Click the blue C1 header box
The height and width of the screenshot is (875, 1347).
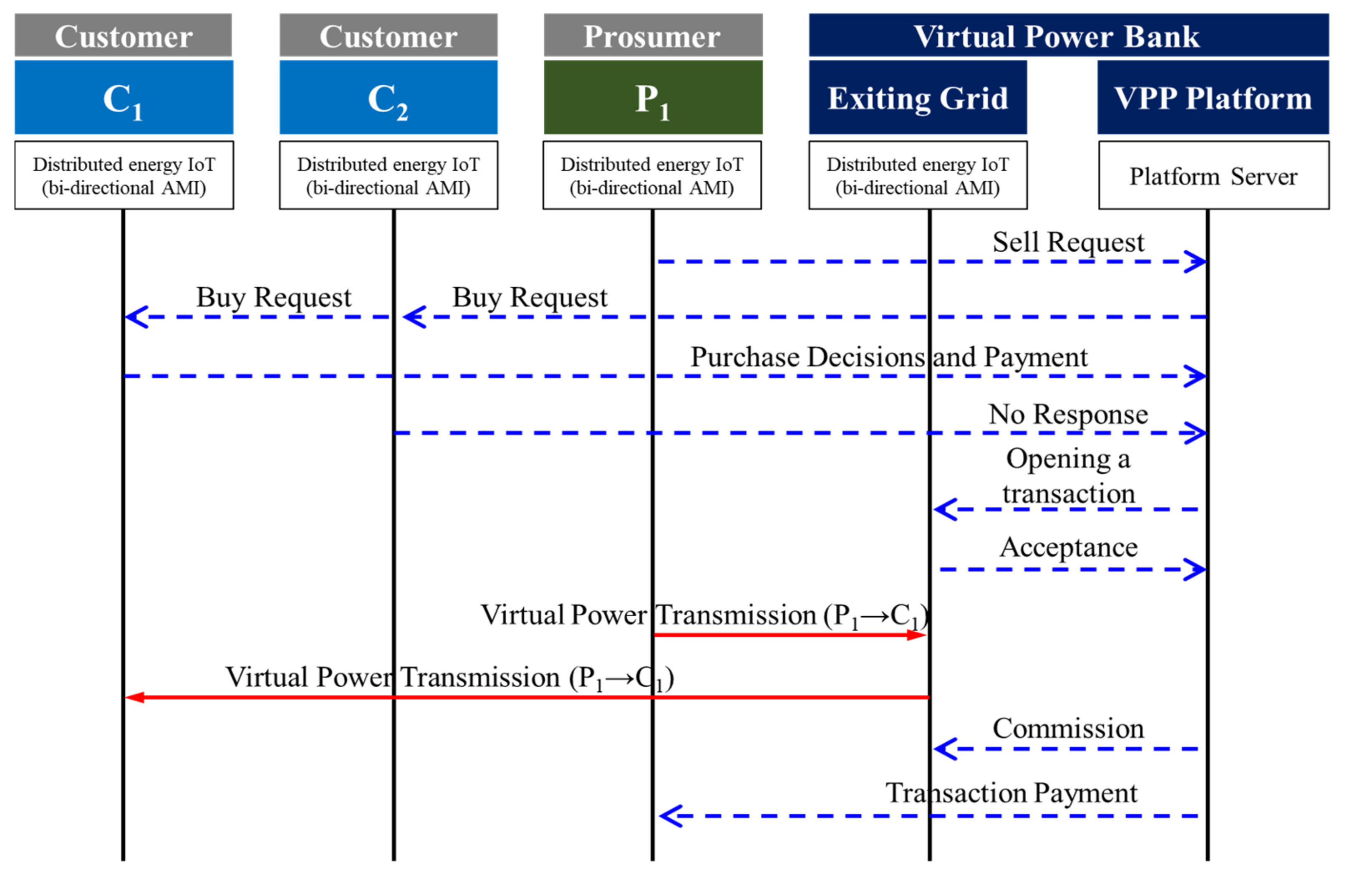click(x=124, y=97)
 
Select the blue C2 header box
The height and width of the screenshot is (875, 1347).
click(x=388, y=97)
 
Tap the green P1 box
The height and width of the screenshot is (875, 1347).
click(x=653, y=97)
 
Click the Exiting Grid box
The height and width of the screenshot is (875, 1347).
click(x=918, y=97)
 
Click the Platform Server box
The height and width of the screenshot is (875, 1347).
click(x=1213, y=176)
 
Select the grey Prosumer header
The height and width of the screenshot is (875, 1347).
click(x=653, y=35)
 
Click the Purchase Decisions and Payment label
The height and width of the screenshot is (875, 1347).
click(x=888, y=357)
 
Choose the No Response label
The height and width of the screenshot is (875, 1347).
click(x=1068, y=414)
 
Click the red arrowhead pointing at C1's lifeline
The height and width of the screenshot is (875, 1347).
click(x=134, y=697)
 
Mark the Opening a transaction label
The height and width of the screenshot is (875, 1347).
click(x=1068, y=476)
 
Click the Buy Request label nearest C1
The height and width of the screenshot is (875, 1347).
click(x=274, y=297)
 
